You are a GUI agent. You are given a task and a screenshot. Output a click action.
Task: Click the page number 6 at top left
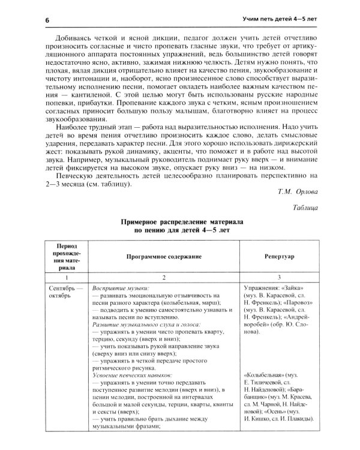pos(46,20)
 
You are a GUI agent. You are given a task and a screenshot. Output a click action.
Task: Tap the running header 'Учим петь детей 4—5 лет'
pos(275,20)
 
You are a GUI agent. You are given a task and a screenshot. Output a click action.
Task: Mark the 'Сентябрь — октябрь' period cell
pos(67,292)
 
